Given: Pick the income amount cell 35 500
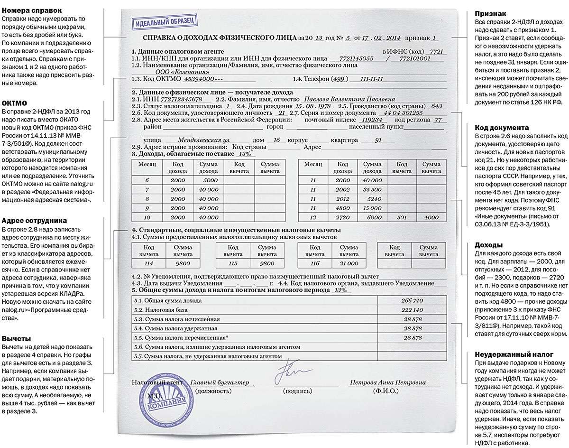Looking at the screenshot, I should tap(372, 189).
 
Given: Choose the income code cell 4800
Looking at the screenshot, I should tap(342, 207).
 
